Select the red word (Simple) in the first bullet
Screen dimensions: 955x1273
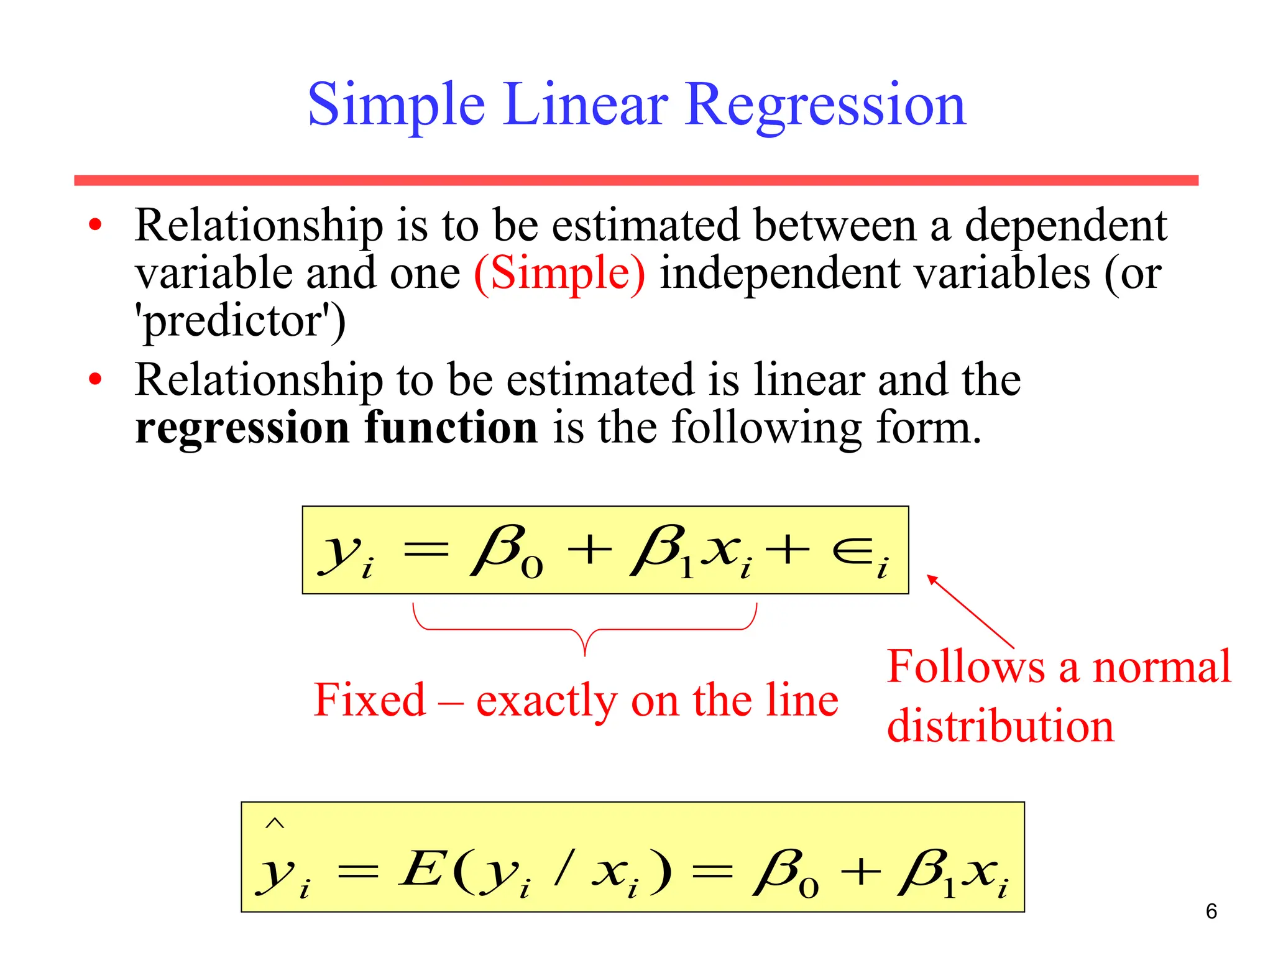click(x=559, y=273)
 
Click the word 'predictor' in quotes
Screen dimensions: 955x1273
click(x=240, y=321)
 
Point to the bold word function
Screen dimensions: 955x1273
click(x=451, y=428)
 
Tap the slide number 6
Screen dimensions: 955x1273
click(x=1211, y=911)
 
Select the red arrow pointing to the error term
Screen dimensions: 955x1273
click(x=970, y=612)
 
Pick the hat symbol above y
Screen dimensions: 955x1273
click(x=275, y=824)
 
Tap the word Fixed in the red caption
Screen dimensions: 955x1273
click(x=370, y=700)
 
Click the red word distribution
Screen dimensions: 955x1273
click(x=1000, y=726)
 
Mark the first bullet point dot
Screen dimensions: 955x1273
click(x=95, y=225)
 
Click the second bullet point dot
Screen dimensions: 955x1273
click(x=95, y=379)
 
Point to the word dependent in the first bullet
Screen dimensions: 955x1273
click(x=1065, y=225)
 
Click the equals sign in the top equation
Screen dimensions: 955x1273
click(x=426, y=550)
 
